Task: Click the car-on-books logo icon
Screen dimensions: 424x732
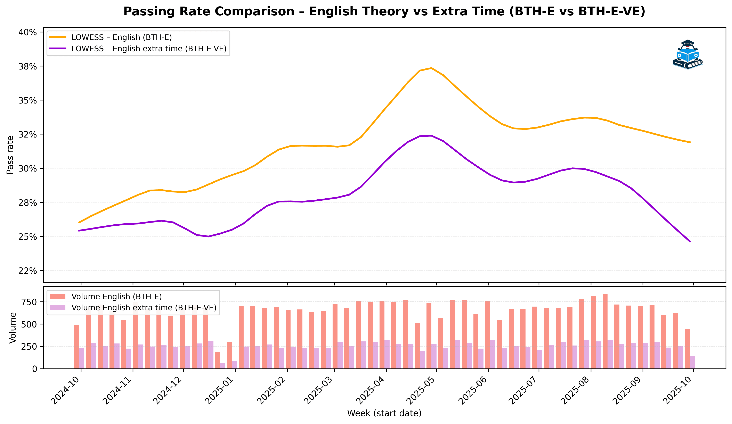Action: [687, 55]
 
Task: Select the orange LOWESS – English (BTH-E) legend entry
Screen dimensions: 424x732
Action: [121, 38]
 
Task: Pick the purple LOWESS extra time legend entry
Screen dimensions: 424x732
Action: [149, 49]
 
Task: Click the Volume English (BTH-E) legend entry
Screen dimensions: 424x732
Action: [116, 297]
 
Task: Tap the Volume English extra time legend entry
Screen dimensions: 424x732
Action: [144, 308]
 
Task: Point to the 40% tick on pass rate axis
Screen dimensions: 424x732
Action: [28, 32]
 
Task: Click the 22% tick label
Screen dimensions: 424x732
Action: [28, 271]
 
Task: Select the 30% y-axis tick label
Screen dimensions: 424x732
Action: [28, 168]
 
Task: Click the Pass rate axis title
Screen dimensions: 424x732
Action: [10, 155]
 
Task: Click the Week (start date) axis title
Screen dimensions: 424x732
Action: [384, 413]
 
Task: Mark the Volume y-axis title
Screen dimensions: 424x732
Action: [13, 328]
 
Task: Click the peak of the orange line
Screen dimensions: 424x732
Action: [431, 68]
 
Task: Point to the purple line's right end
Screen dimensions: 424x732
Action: [690, 241]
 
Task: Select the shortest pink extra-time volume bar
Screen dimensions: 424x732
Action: [222, 366]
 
